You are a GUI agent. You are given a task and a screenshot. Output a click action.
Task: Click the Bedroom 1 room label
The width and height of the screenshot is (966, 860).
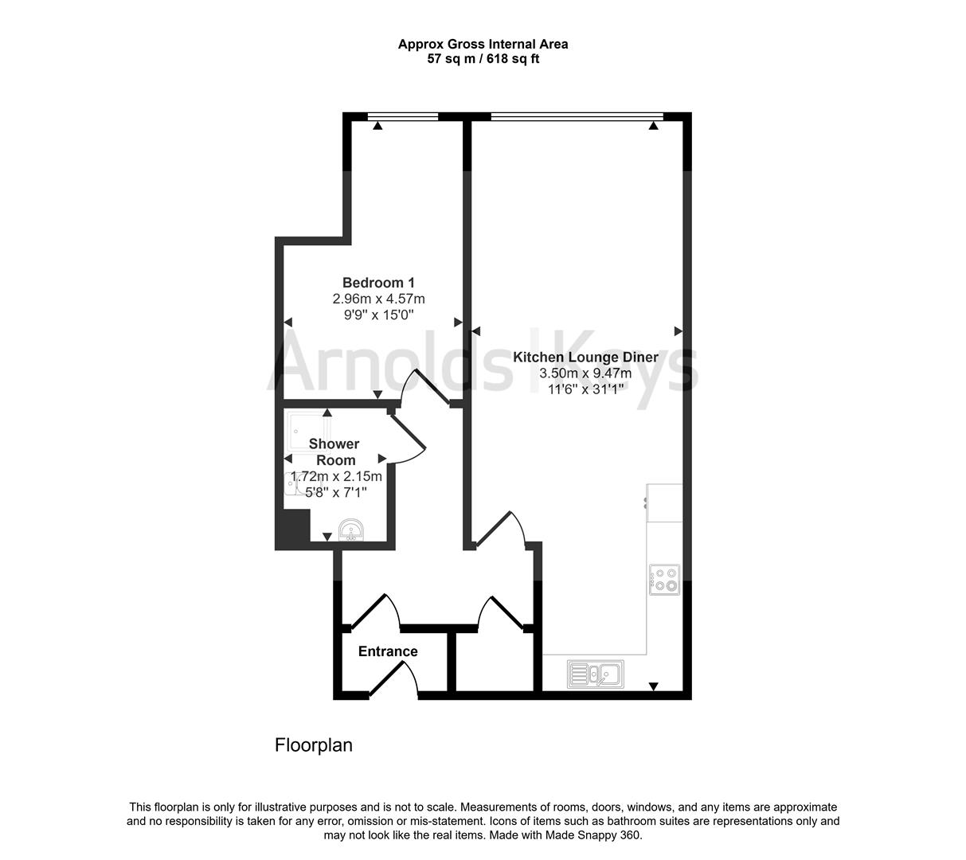coord(378,283)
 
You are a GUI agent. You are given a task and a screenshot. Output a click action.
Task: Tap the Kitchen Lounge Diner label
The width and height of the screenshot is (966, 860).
coord(585,358)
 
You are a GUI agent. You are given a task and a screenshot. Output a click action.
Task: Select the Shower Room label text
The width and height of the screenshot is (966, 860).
coord(334,451)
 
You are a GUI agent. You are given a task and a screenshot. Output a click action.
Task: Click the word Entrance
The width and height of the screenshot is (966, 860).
coord(388,651)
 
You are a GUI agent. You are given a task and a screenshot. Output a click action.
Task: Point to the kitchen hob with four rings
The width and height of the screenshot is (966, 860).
coord(664,580)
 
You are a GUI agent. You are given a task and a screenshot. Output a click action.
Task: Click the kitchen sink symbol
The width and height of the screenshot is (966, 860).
coord(595,674)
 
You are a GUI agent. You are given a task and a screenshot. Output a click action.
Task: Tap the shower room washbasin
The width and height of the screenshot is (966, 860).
coord(350,530)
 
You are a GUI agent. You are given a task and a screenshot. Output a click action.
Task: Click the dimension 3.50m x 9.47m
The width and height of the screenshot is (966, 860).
coord(585,373)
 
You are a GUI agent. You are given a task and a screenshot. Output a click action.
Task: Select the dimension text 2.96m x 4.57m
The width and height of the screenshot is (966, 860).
coord(378,299)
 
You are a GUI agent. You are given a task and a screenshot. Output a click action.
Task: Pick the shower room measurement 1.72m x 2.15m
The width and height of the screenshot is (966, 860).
coord(336,476)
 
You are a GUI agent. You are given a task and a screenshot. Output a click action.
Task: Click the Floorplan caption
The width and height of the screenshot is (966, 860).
coord(313,745)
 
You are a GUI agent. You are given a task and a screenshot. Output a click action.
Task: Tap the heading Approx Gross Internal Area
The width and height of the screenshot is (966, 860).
coord(483,45)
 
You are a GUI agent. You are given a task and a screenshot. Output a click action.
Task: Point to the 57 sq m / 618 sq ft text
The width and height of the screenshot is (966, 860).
coord(483,58)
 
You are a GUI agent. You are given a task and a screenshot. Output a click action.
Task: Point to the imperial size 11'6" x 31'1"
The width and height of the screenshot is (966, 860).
coord(585,389)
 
